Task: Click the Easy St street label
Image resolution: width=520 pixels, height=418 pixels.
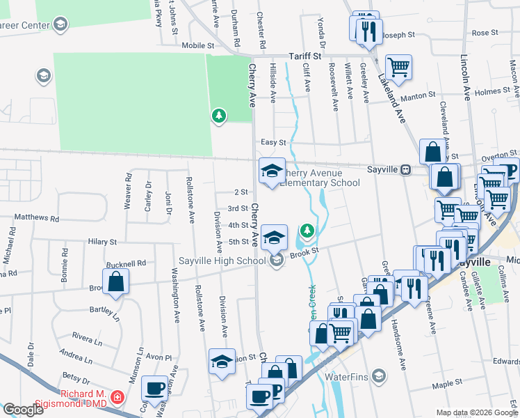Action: coord(273,142)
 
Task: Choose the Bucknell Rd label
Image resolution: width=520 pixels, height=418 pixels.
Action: coord(127,264)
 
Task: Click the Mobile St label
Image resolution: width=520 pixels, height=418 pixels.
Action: coord(197,45)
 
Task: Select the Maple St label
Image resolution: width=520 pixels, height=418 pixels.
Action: coord(447,383)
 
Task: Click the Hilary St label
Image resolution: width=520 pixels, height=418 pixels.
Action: coord(102,242)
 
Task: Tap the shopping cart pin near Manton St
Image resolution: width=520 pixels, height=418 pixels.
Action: coord(398,68)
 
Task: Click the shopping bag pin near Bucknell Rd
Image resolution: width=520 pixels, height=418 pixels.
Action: coord(116,283)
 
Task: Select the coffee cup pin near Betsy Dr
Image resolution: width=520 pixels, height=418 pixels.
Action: coord(154,388)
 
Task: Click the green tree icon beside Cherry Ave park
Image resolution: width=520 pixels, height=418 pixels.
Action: coord(220,115)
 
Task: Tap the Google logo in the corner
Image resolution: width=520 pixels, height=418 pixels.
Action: coord(23,410)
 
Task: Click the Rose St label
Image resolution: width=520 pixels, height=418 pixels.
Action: coord(480,33)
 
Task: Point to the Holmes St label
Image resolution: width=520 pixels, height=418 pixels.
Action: coord(492,91)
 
